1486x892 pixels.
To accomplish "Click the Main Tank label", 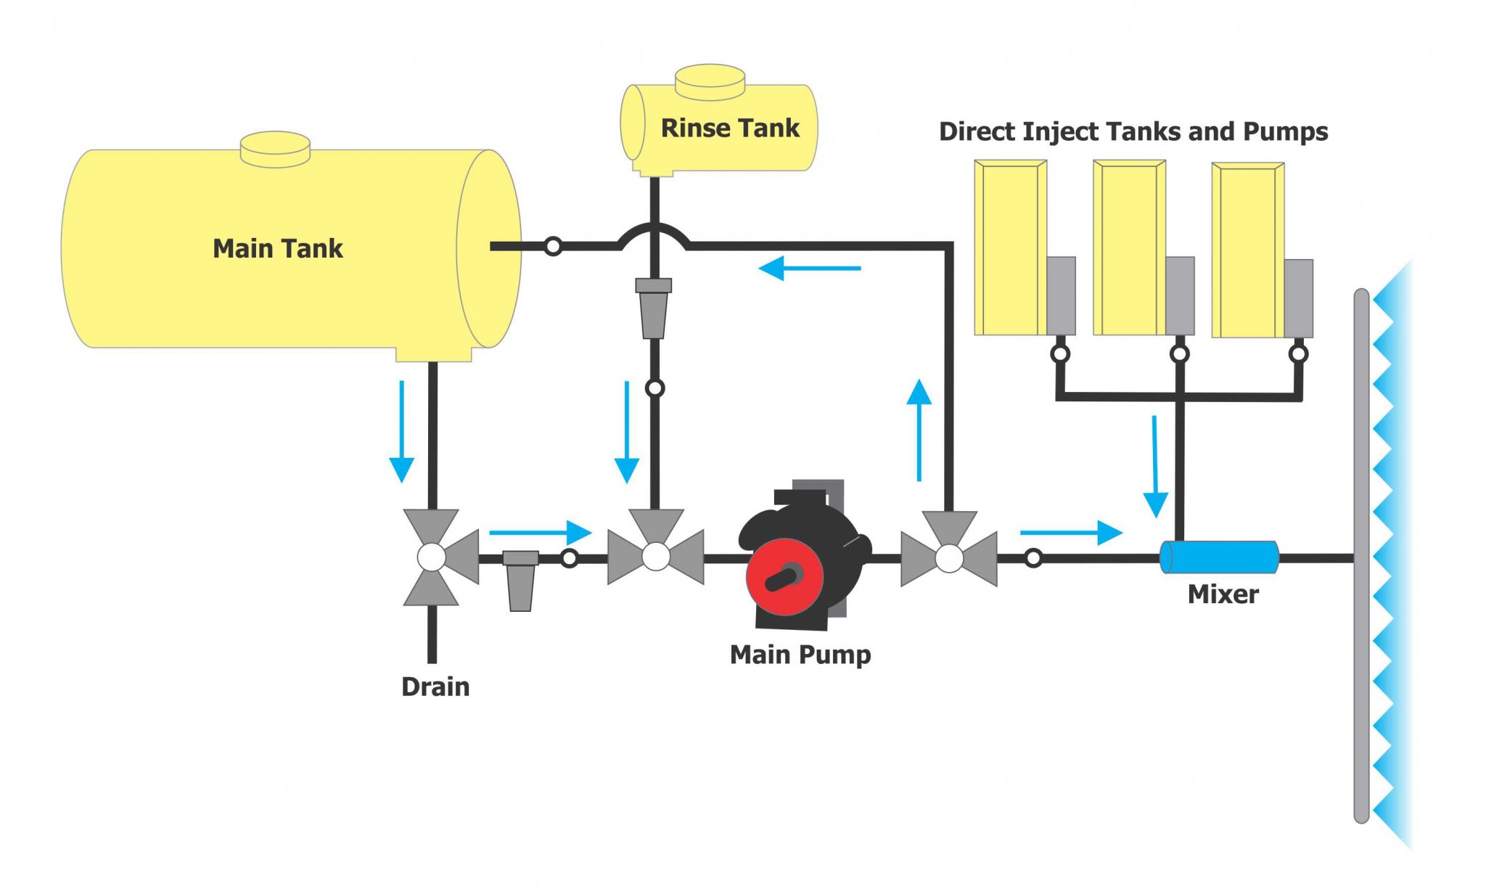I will click(277, 249).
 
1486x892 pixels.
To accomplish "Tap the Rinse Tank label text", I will click(729, 128).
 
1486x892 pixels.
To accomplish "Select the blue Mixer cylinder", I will click(1219, 557).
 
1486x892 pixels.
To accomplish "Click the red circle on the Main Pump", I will click(784, 576).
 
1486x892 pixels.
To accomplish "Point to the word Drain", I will click(435, 687).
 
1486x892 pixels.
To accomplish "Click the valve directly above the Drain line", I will click(433, 557).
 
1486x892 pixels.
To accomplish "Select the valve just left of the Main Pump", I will click(656, 557).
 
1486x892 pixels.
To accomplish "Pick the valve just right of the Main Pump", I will click(949, 558).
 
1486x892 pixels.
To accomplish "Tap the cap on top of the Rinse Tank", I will click(710, 81).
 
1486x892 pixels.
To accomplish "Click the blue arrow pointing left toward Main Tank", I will click(809, 269).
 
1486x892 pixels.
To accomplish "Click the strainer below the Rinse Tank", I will click(654, 308).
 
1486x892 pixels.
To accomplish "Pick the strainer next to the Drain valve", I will click(520, 580).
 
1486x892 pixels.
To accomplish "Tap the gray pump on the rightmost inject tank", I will click(1299, 298).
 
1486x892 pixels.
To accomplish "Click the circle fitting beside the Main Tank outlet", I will click(553, 247).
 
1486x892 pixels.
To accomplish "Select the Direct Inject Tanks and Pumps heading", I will click(1133, 132).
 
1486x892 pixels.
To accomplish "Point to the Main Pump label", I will click(800, 655).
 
